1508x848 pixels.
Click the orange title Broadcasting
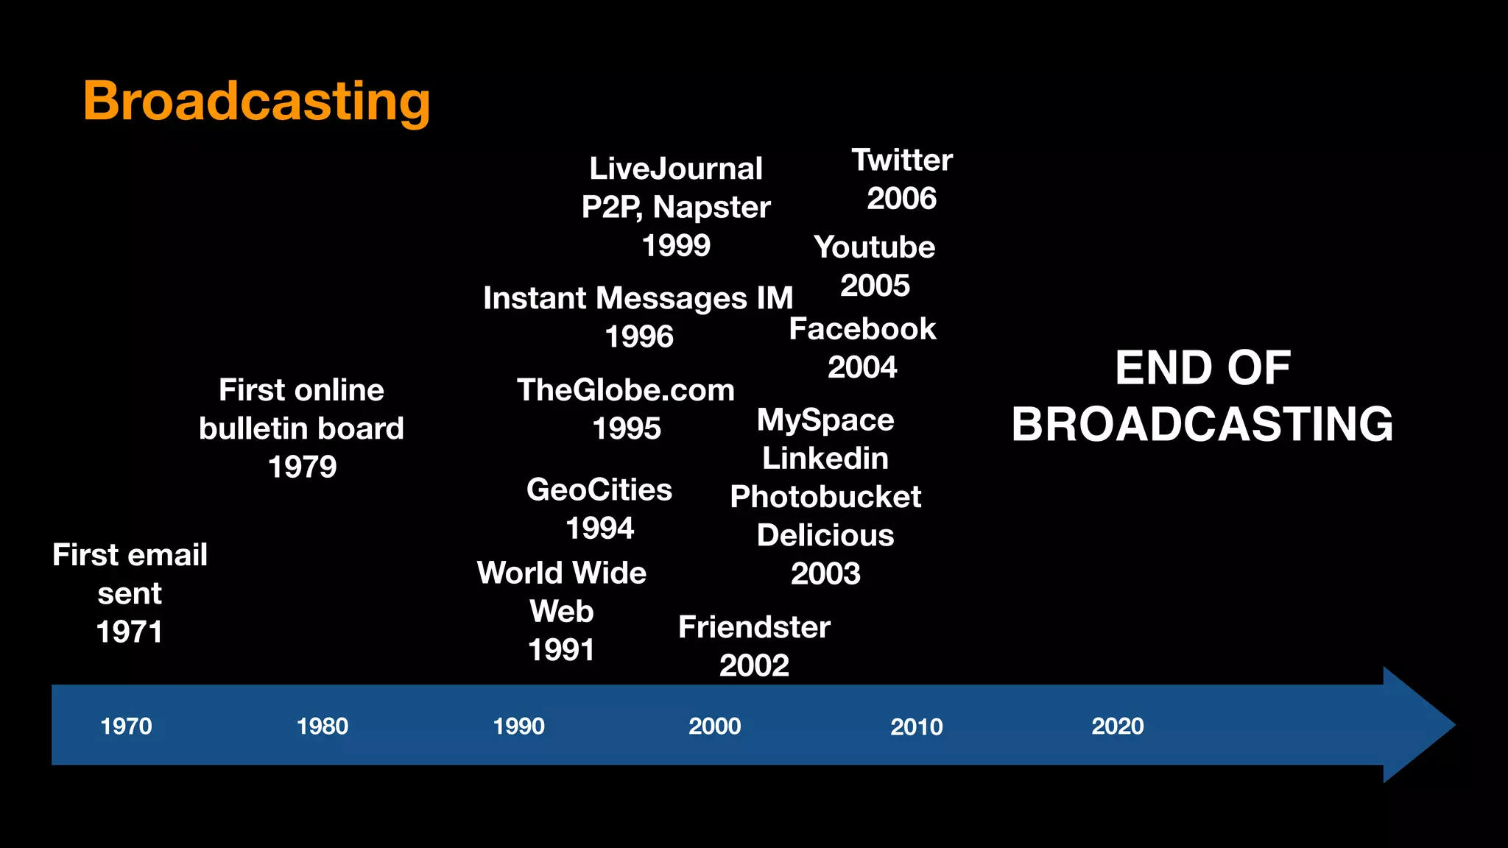256,102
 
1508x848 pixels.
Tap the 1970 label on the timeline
126,727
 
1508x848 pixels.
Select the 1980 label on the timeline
323,727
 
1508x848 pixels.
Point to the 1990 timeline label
519,727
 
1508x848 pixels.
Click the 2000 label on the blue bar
715,727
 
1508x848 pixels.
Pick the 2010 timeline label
917,727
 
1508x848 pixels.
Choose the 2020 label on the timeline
1118,727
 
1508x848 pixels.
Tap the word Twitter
902,160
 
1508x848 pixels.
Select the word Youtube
875,247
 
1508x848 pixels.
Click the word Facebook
862,329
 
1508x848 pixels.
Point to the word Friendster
754,627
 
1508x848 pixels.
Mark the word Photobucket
825,497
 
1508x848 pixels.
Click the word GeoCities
599,490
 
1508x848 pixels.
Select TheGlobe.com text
626,390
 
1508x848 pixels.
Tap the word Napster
711,208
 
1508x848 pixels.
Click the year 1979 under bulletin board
302,467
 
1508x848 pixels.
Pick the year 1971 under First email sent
130,632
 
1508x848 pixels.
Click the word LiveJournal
676,169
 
